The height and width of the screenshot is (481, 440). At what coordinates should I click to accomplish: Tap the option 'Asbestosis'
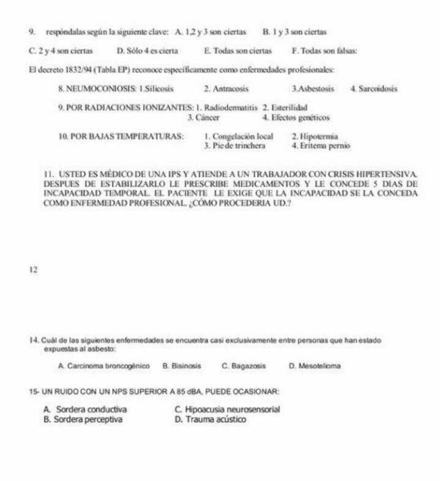[x=313, y=89]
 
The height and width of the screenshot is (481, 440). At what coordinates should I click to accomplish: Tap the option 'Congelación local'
[x=239, y=136]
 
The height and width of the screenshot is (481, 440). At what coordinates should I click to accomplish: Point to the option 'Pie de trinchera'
[x=234, y=146]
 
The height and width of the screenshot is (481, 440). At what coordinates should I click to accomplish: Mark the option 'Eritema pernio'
[x=321, y=146]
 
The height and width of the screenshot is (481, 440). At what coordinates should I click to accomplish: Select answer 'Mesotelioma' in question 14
[x=315, y=365]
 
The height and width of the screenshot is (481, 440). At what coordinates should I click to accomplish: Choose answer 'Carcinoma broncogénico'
[x=104, y=365]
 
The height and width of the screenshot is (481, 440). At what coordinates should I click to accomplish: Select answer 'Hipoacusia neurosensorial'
[x=226, y=409]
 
